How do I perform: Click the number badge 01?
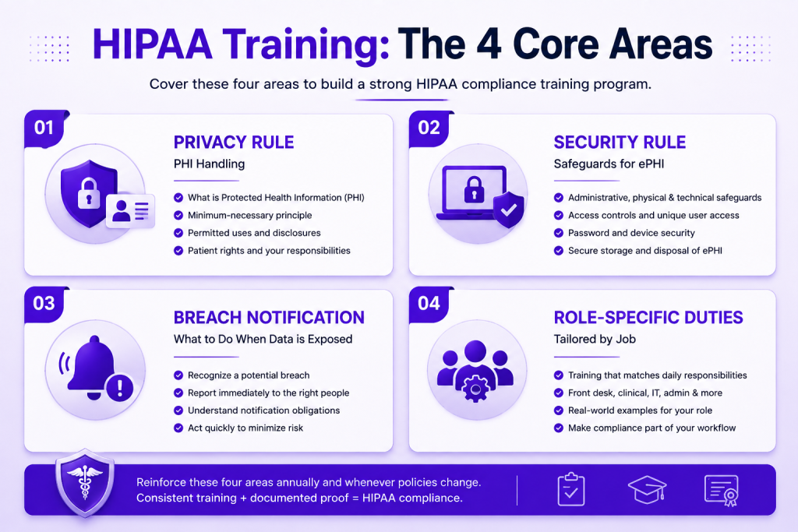click(44, 129)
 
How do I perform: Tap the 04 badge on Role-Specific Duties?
click(429, 304)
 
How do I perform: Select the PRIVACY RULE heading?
click(234, 143)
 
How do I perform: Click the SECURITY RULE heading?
click(620, 143)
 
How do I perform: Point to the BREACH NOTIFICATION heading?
click(269, 317)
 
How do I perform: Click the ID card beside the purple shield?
click(130, 210)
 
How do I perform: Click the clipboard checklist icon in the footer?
click(571, 489)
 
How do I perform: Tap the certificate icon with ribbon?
click(722, 490)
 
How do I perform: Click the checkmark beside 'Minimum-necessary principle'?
click(178, 215)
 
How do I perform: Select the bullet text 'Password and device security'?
click(631, 233)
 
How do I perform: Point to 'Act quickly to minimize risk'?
click(245, 428)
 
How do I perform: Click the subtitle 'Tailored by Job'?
click(595, 340)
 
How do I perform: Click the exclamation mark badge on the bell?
click(120, 389)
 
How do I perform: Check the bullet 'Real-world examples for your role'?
click(640, 410)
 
